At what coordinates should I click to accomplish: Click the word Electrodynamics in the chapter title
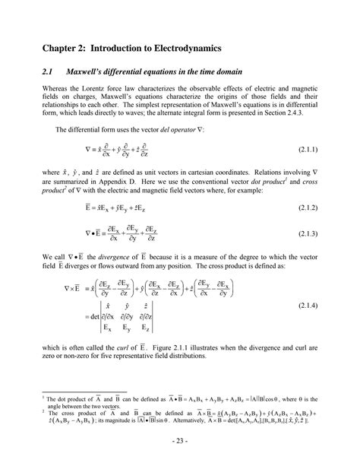click(x=183, y=48)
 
